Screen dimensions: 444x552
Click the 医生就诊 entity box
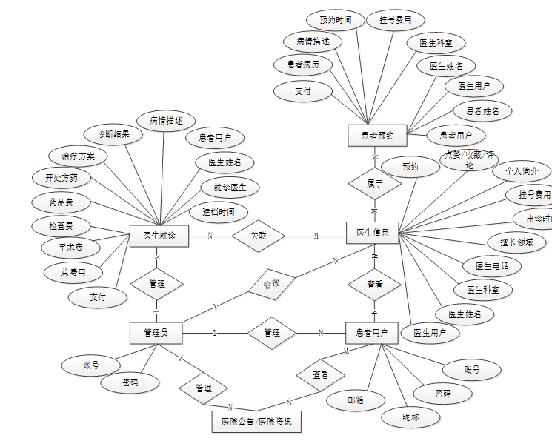tap(159, 236)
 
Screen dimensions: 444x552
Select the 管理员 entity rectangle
tap(156, 333)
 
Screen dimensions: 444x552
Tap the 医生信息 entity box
tap(373, 233)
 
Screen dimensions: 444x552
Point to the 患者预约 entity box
tap(377, 135)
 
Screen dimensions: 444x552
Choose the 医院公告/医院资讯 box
tap(256, 422)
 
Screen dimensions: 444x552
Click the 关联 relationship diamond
tap(258, 236)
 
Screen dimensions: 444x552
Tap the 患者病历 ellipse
tap(303, 65)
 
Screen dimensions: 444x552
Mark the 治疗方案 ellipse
tap(78, 156)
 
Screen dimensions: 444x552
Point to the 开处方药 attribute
tap(61, 179)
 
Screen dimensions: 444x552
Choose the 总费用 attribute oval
tap(73, 273)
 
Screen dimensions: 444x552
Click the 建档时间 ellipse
tap(219, 212)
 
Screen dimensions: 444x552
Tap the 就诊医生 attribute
tap(230, 187)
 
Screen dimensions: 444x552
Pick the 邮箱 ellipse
tap(356, 400)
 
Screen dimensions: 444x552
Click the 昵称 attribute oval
tap(410, 417)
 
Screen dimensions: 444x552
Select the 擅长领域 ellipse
tap(516, 242)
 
